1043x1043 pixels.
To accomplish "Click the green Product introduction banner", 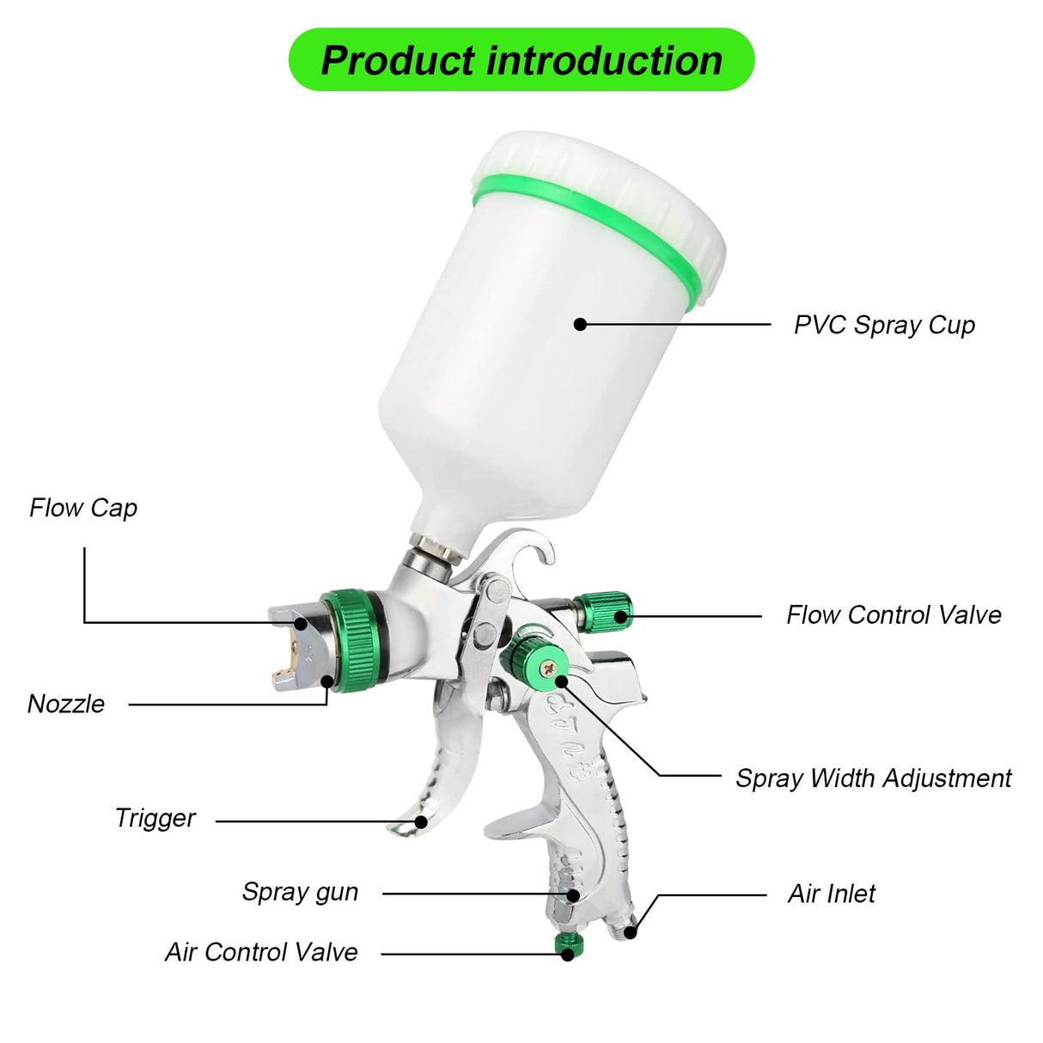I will coord(521,60).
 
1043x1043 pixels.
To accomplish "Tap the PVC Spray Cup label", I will coord(884,325).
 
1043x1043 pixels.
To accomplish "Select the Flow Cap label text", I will coord(83,508).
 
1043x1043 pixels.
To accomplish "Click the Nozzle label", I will coord(66,704).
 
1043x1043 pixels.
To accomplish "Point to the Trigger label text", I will coord(156,818).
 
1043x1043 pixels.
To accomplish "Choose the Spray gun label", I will coord(300,892).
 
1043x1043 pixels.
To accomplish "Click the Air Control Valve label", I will coord(261,952).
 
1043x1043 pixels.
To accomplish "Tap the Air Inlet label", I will coord(831,894).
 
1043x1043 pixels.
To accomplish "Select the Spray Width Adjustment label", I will coord(873,778).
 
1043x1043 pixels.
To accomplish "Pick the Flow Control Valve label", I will coord(894,615).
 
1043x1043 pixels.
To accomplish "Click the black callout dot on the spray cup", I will coord(581,324).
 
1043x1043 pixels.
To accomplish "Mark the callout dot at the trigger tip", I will coord(421,821).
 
